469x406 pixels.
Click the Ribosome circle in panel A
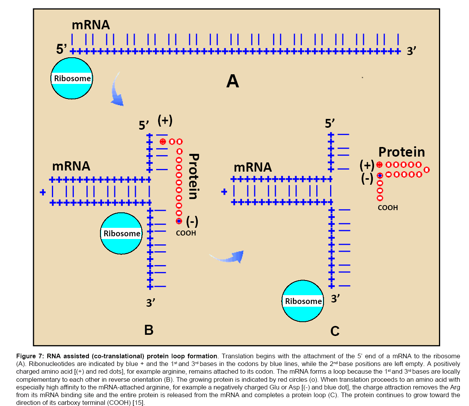click(x=72, y=79)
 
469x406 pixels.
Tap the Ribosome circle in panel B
click(x=122, y=234)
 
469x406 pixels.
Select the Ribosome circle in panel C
click(x=303, y=301)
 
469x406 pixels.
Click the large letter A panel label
click(x=232, y=81)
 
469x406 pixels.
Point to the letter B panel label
click(x=149, y=330)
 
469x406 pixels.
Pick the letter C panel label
click(x=335, y=331)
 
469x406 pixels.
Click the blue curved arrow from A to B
click(x=117, y=91)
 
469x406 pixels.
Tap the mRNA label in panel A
click(x=91, y=25)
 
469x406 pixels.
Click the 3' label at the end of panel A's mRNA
click(x=411, y=51)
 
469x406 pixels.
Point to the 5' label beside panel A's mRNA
click(x=62, y=49)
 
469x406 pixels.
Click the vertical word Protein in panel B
click(x=194, y=176)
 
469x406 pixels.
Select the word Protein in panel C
click(x=402, y=152)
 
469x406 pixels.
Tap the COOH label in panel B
click(x=186, y=233)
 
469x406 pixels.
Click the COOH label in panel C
click(x=388, y=208)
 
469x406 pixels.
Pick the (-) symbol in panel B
click(x=192, y=221)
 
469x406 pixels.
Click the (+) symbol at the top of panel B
click(x=165, y=120)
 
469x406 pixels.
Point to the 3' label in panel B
click(x=151, y=302)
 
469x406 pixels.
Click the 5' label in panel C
click(x=330, y=124)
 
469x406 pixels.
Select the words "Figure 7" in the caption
click(x=30, y=356)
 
